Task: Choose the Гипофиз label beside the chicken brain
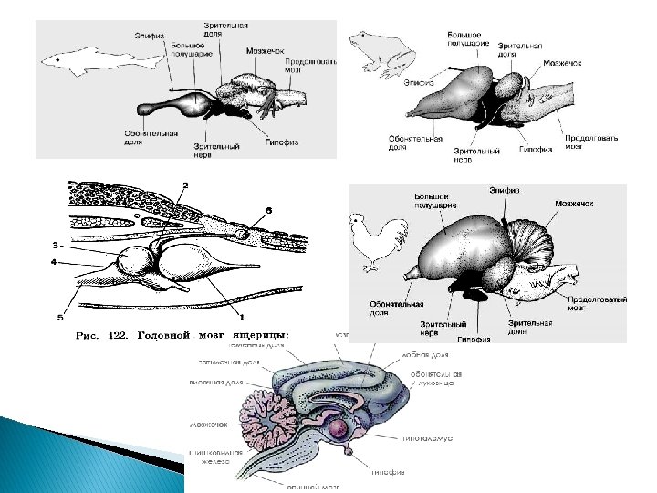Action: pyautogui.click(x=474, y=339)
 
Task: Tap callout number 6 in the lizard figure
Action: pyautogui.click(x=269, y=211)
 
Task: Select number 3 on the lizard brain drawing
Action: pyautogui.click(x=56, y=245)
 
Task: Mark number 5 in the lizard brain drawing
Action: pyautogui.click(x=60, y=318)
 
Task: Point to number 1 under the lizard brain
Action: pyautogui.click(x=241, y=316)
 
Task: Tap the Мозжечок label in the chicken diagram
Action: pyautogui.click(x=574, y=203)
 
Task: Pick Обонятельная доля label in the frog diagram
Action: pyautogui.click(x=415, y=142)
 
